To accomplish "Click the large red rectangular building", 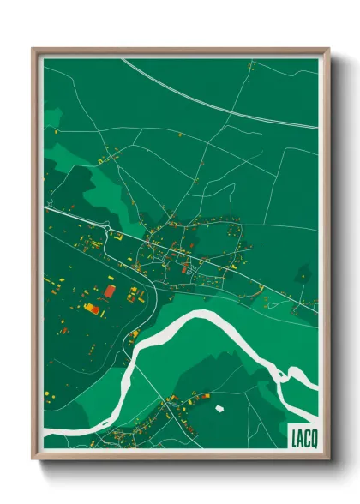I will [110, 292].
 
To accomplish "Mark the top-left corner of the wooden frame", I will [33, 49].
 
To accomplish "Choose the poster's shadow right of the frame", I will [338, 257].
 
